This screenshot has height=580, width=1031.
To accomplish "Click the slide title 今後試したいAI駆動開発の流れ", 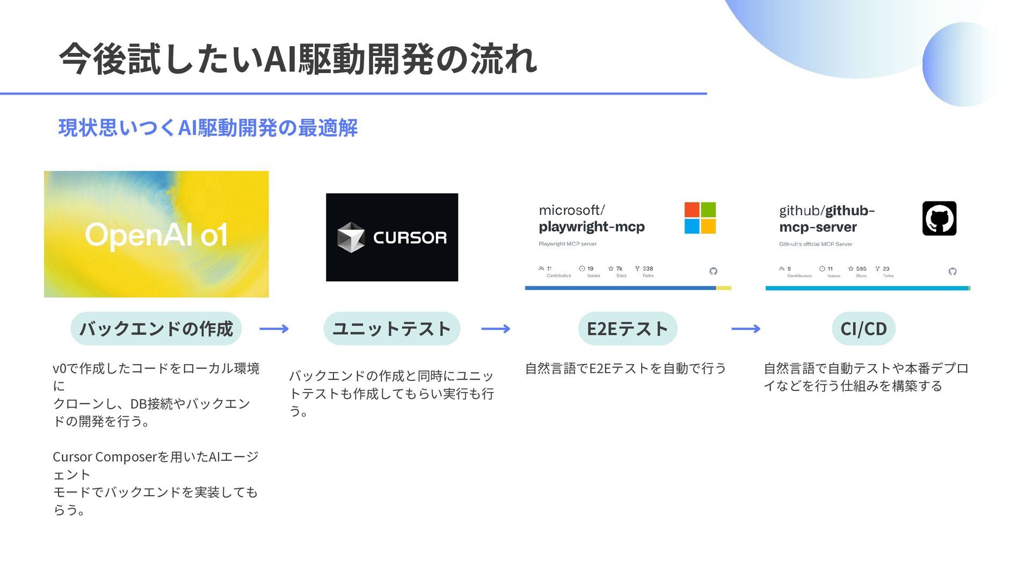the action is [298, 59].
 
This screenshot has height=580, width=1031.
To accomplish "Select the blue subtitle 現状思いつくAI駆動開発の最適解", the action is [208, 128].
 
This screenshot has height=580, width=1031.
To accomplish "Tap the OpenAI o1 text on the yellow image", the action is [156, 235].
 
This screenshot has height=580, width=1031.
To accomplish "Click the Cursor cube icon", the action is [351, 237].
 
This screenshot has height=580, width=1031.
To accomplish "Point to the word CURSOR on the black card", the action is [410, 237].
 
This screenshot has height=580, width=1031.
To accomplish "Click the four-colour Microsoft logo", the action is [700, 218].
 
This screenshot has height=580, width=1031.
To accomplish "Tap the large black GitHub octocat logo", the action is [939, 219].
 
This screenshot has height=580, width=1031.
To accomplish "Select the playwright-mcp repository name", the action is [591, 227].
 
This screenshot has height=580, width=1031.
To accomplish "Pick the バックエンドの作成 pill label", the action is [156, 329].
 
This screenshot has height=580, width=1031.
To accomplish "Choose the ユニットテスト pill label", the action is [391, 329].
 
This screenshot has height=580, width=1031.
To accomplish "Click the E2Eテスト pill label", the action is [627, 329].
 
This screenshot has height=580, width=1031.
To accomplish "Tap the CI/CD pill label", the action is [863, 329].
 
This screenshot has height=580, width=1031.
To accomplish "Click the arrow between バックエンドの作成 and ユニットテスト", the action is [274, 329].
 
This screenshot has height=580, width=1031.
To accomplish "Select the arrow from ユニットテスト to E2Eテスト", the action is [496, 329].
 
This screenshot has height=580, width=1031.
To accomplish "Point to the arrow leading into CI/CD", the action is [746, 329].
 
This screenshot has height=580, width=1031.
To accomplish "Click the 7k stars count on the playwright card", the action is [619, 269].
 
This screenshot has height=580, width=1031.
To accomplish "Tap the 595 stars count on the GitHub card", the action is [861, 269].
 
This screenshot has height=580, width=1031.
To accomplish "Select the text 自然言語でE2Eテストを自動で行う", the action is [625, 368].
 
